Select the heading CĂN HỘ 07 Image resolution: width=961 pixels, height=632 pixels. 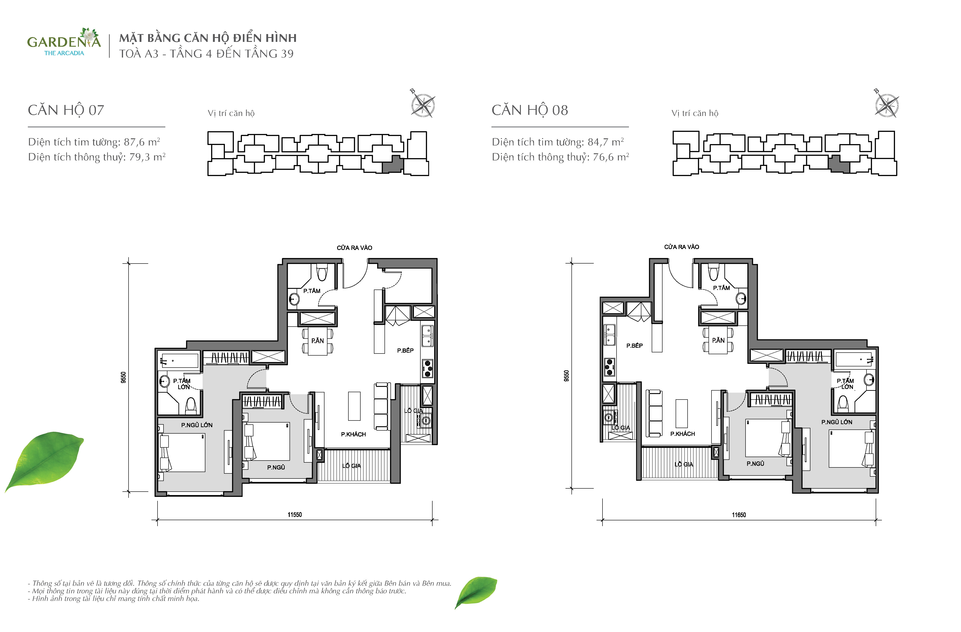tap(66, 110)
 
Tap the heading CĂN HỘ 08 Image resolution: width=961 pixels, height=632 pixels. tap(530, 110)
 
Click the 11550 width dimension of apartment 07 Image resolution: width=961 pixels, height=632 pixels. tap(295, 514)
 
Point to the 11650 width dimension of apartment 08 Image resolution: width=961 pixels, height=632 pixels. tap(739, 515)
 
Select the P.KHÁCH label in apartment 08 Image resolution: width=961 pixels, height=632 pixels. tap(683, 434)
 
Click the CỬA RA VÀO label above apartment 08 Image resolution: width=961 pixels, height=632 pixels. tap(682, 246)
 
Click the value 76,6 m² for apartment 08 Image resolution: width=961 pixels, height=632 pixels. tap(611, 157)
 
